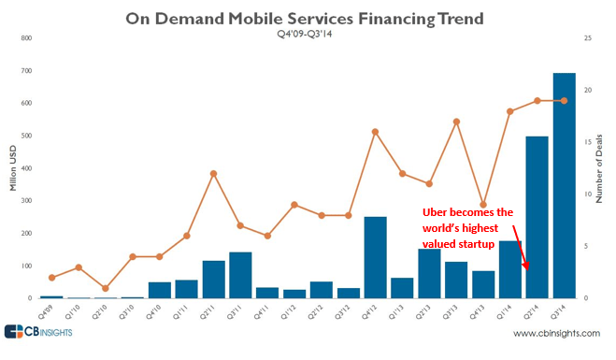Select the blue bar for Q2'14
click(x=537, y=217)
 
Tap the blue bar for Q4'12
click(x=375, y=257)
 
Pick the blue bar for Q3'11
click(x=240, y=275)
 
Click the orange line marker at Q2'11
click(x=213, y=173)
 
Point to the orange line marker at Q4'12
click(x=375, y=132)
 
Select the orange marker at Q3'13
click(x=456, y=122)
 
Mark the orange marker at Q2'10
click(x=106, y=288)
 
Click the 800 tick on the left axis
click(x=25, y=38)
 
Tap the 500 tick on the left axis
click(x=25, y=136)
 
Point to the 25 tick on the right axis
click(x=587, y=38)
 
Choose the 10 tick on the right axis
click(x=587, y=194)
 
